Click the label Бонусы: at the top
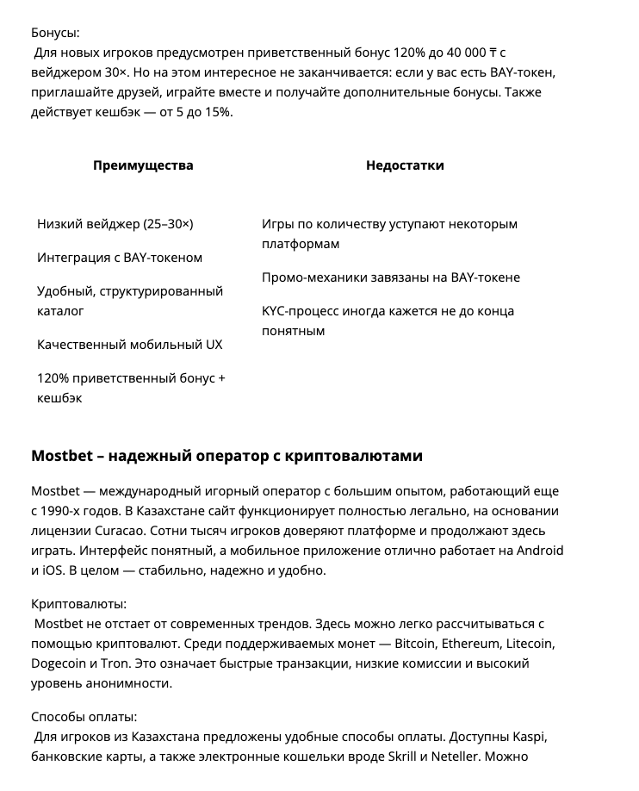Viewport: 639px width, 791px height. pyautogui.click(x=54, y=33)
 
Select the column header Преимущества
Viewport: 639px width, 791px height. pyautogui.click(x=143, y=165)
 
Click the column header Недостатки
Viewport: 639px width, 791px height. pyautogui.click(x=405, y=165)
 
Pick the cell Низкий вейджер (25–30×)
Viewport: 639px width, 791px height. pyautogui.click(x=115, y=223)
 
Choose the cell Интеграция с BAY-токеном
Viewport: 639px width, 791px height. pyautogui.click(x=120, y=257)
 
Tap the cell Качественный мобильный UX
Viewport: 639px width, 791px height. pyautogui.click(x=129, y=344)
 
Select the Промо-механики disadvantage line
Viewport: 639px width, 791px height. pyautogui.click(x=390, y=277)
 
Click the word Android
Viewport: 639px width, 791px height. pyautogui.click(x=537, y=550)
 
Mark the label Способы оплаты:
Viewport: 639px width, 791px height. pyautogui.click(x=84, y=717)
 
